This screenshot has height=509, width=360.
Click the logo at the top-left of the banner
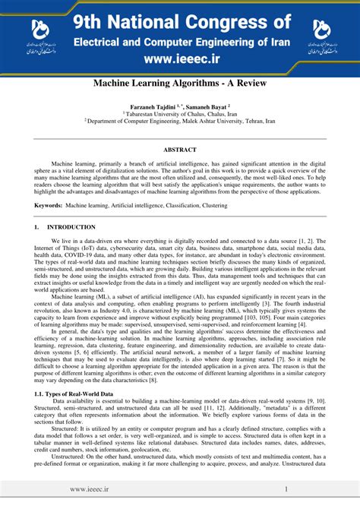click(37, 33)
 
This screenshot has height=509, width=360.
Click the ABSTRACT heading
click(180, 150)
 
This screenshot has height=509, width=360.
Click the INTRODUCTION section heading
click(71, 227)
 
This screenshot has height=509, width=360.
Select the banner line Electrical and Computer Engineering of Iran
click(180, 38)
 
